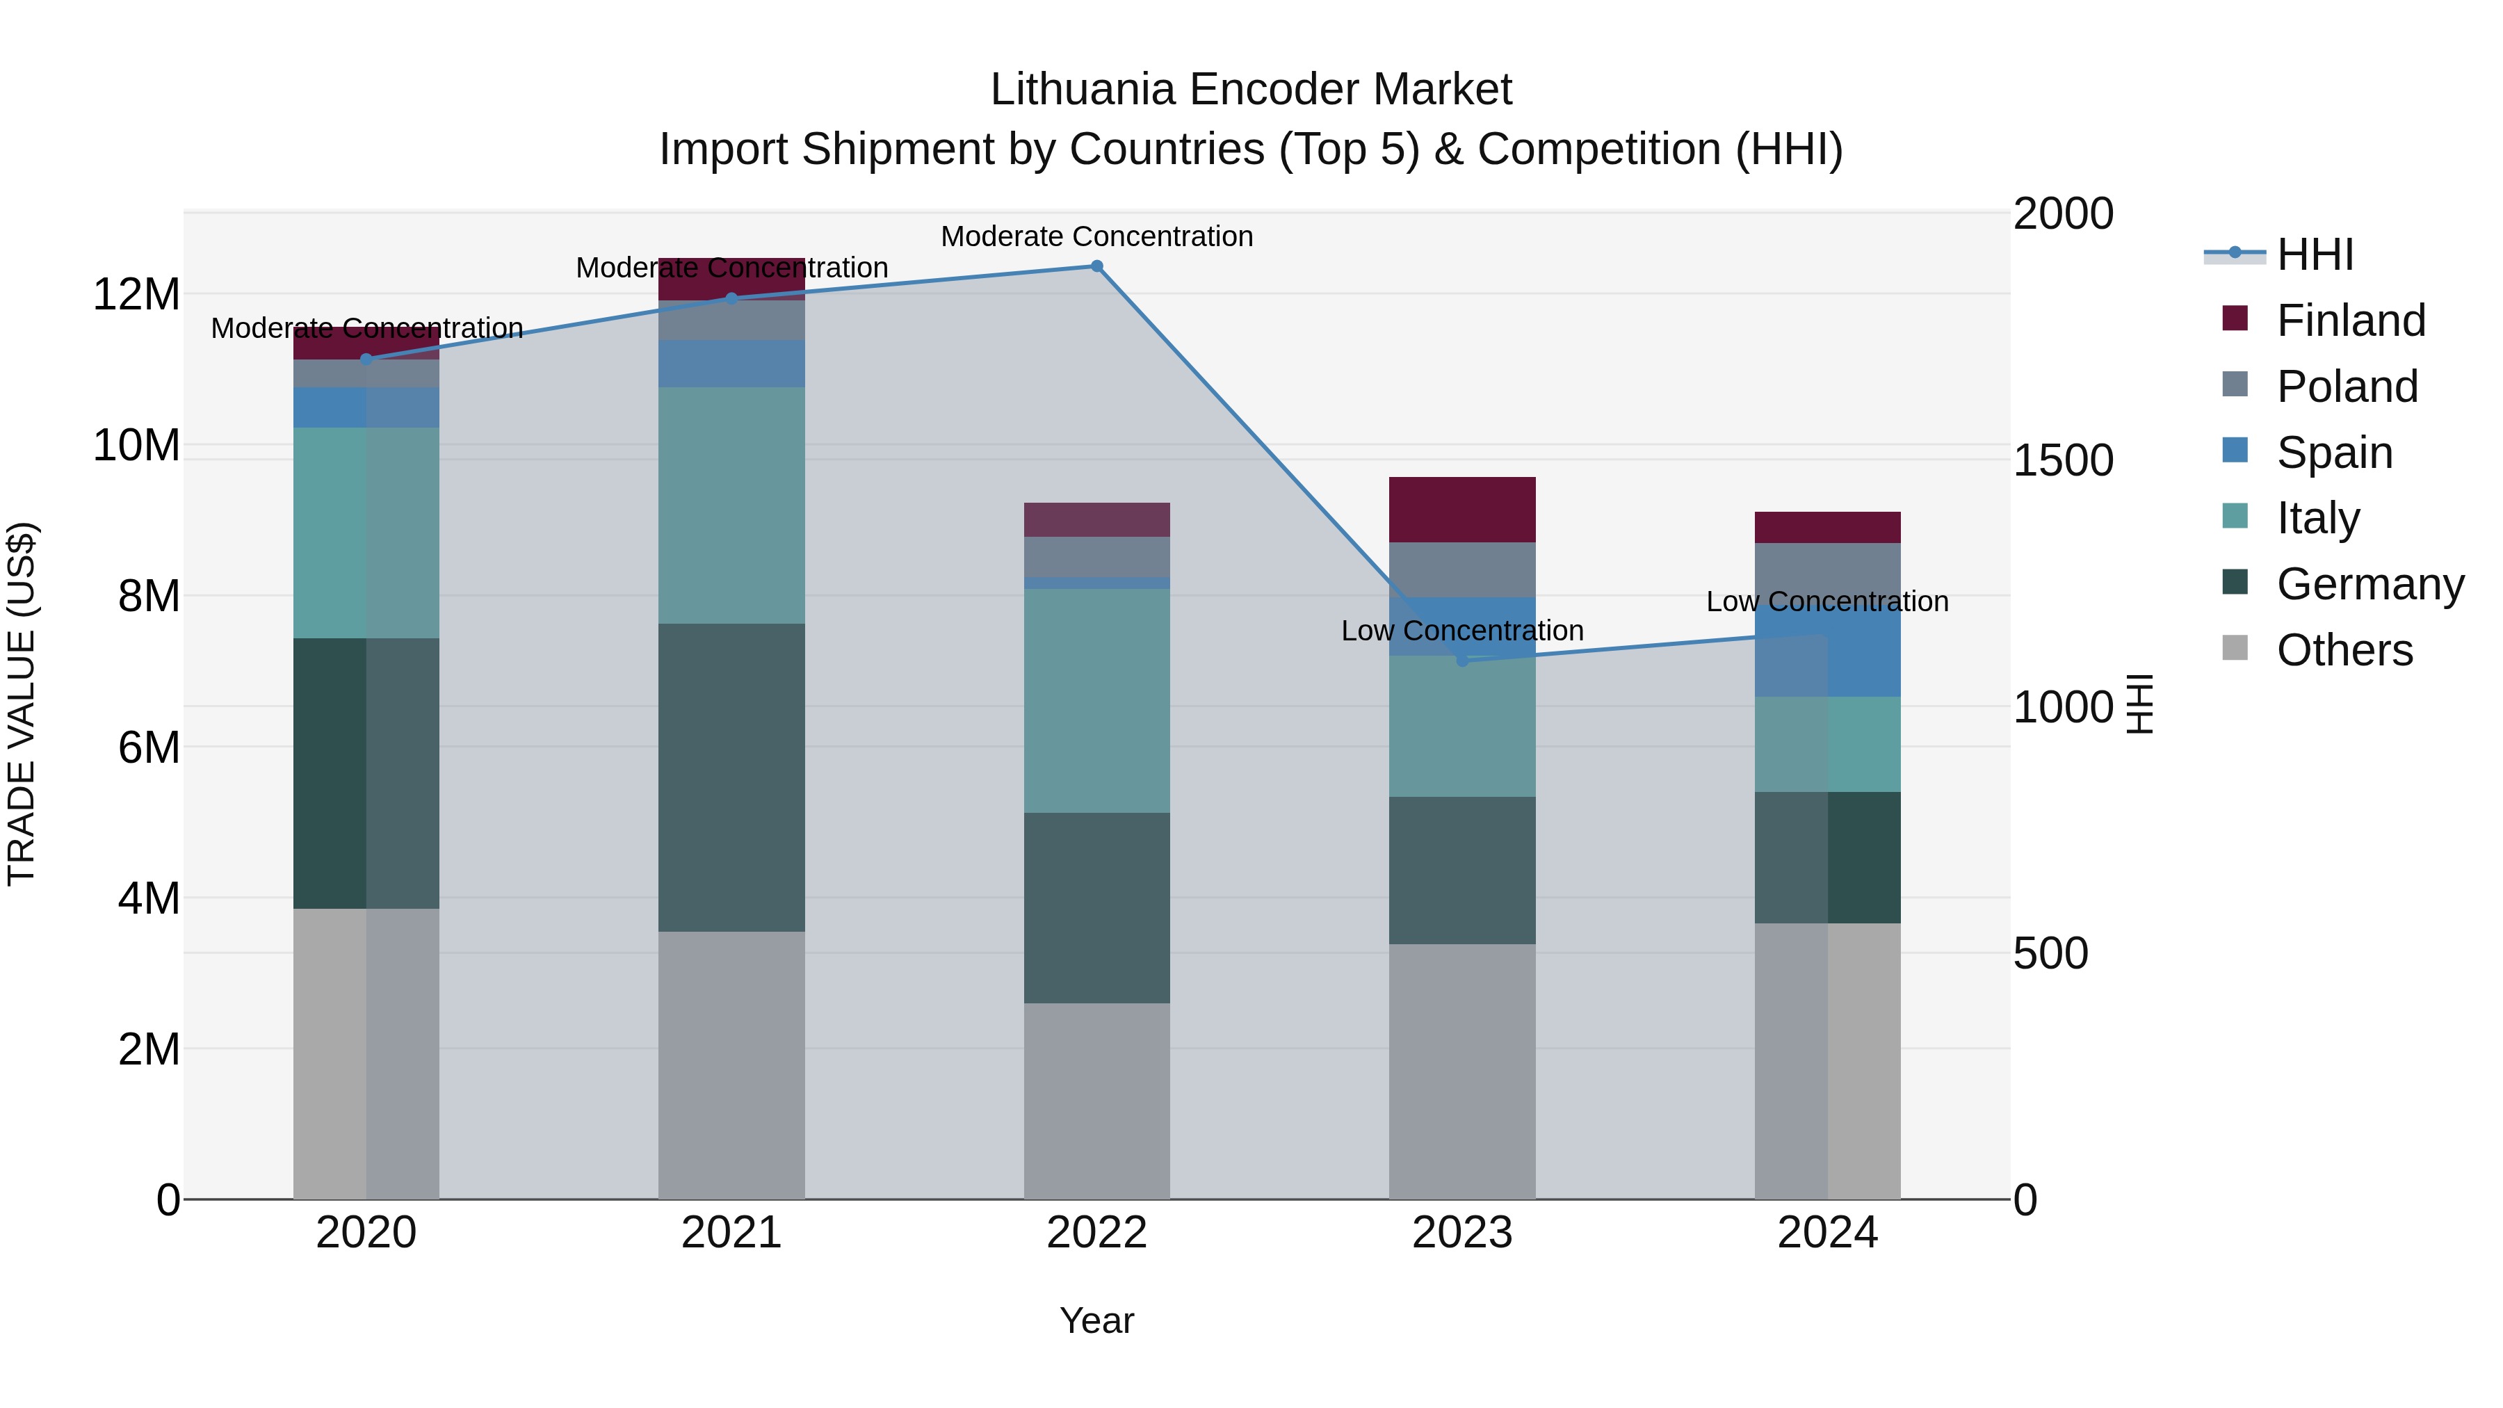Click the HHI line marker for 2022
tap(1097, 266)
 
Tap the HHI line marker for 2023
tap(1462, 661)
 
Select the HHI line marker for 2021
tap(731, 298)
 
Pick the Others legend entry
tap(2344, 650)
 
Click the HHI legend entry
tap(2315, 254)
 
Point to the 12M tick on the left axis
tap(136, 294)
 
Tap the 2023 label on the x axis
tap(1462, 1233)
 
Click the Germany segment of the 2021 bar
tap(731, 777)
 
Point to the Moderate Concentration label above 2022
tap(1097, 236)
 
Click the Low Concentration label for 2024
tap(1828, 601)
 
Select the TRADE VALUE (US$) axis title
tap(22, 704)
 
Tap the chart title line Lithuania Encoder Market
tap(1251, 90)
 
